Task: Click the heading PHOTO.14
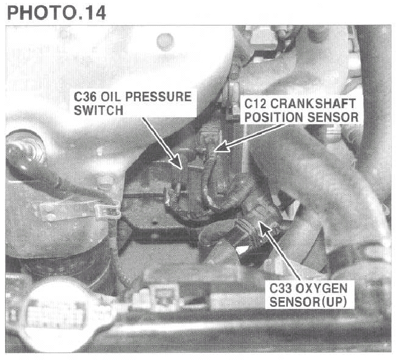56,12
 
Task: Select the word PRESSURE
158,97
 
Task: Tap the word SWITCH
98,110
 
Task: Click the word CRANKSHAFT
313,104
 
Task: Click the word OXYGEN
321,288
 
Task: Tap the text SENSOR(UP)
308,302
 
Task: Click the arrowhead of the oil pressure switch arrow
176,162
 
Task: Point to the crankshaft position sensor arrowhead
222,147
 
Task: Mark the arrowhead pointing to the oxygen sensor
264,228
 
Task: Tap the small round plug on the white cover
165,41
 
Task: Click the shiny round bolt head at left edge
24,149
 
